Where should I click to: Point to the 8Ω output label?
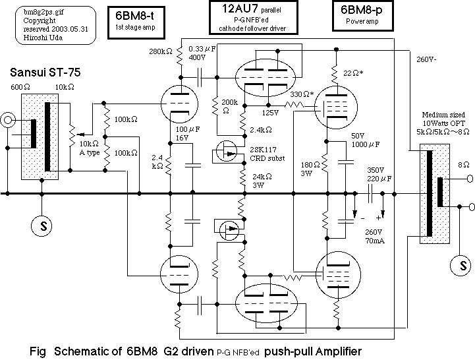tap(447, 168)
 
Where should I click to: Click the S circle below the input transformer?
tap(42, 225)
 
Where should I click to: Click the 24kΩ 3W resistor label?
tap(260, 181)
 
